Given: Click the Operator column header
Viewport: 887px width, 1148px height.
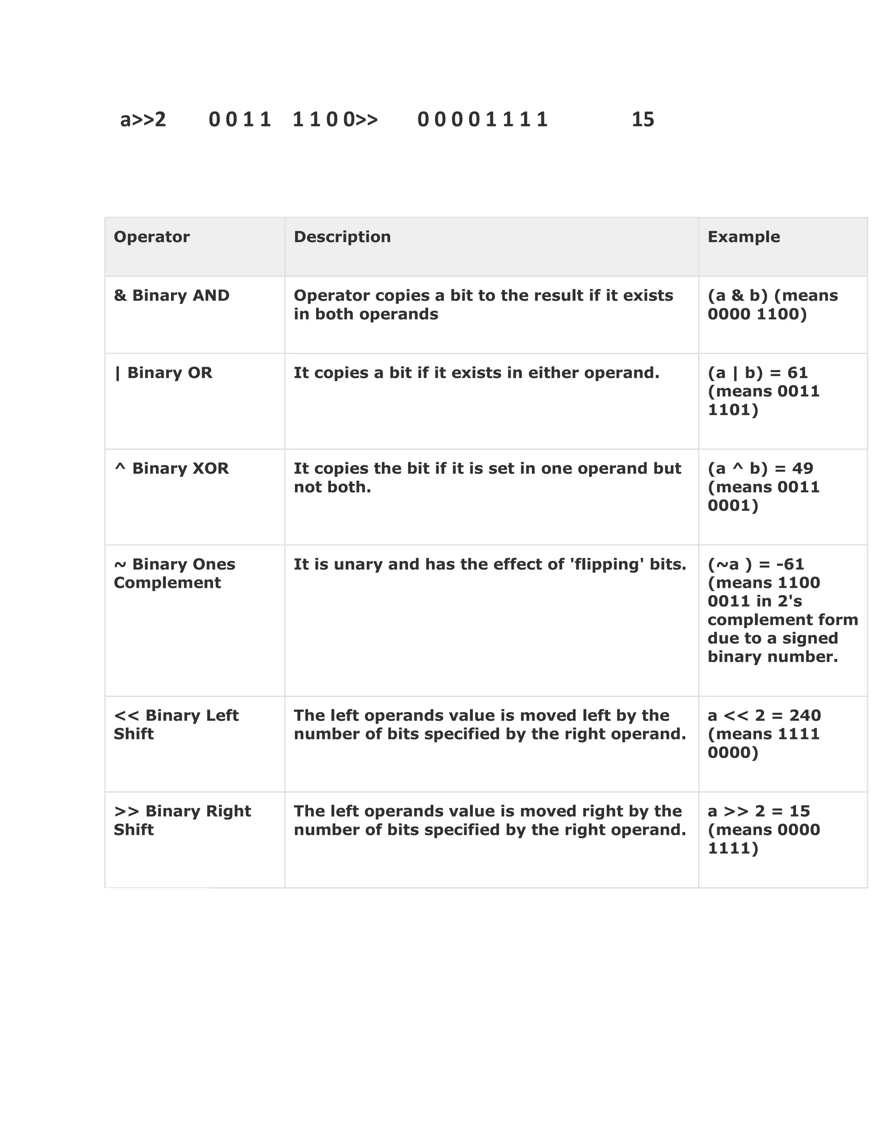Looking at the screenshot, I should (x=151, y=237).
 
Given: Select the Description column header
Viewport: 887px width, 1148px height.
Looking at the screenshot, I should (x=342, y=237).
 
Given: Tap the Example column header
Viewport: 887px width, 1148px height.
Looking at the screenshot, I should (x=744, y=237).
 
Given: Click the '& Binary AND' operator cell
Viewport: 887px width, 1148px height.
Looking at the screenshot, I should (x=172, y=296).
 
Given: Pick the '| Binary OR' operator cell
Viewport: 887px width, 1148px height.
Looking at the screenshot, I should (x=163, y=373).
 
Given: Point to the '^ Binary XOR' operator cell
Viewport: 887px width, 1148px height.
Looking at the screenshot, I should (x=172, y=469).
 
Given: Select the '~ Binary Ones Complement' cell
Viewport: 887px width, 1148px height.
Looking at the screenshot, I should (x=175, y=574).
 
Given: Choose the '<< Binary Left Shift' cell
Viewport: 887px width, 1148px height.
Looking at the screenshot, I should (x=176, y=725).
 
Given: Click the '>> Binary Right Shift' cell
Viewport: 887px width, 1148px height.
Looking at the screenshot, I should (x=182, y=820).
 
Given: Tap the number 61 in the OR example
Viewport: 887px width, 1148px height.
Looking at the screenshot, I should (x=798, y=373).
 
